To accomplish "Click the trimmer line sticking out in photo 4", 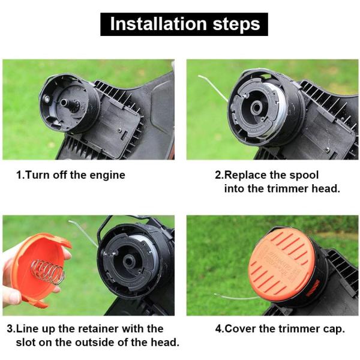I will [231, 296].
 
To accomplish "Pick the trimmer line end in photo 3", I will [81, 230].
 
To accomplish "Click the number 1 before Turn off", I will [19, 175].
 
